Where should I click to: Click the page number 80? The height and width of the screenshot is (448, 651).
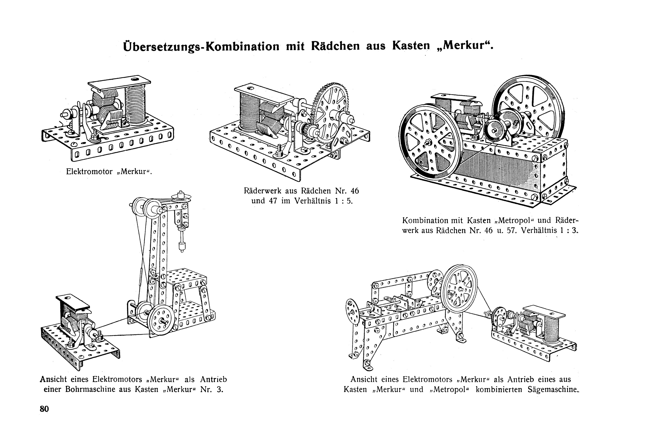tap(44, 409)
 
